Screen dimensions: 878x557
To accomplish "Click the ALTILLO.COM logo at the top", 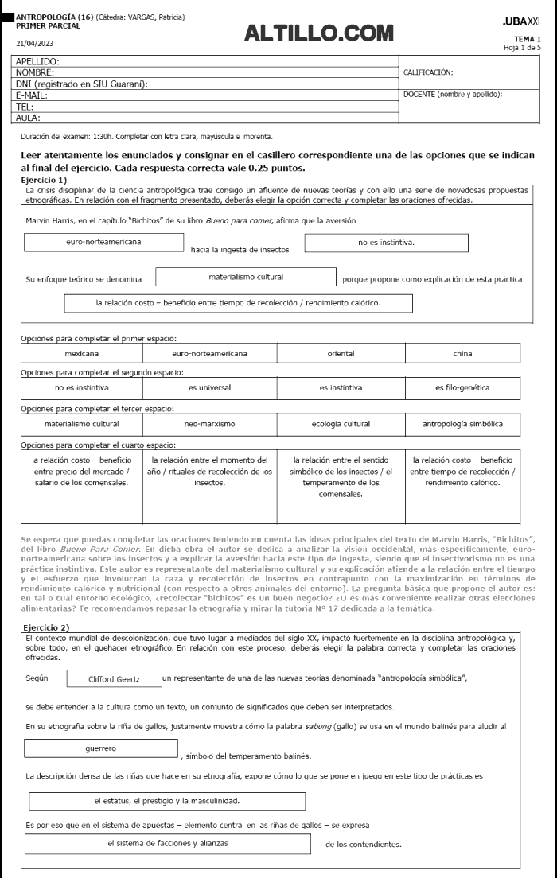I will [x=319, y=33].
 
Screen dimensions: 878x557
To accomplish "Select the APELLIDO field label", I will [x=38, y=60].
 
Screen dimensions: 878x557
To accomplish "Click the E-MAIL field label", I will [x=32, y=95].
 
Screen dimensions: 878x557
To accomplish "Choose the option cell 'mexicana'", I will [x=82, y=353].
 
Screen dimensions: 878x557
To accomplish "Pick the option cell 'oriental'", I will [x=341, y=353].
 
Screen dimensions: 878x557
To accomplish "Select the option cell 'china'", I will [x=462, y=353].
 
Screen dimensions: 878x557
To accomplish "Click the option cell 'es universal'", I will [x=209, y=388].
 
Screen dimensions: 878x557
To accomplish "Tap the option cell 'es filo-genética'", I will [x=462, y=388].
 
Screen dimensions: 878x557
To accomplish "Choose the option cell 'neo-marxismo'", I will [x=209, y=424].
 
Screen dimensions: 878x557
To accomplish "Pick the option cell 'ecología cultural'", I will [x=341, y=424].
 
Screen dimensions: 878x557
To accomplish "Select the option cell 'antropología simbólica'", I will [x=462, y=424].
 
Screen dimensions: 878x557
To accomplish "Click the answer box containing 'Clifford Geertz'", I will [x=114, y=679].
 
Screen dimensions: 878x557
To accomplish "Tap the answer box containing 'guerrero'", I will [x=101, y=748].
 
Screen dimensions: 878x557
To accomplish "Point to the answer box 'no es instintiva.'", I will [x=387, y=242].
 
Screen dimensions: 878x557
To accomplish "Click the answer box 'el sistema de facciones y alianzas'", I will [x=168, y=843].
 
